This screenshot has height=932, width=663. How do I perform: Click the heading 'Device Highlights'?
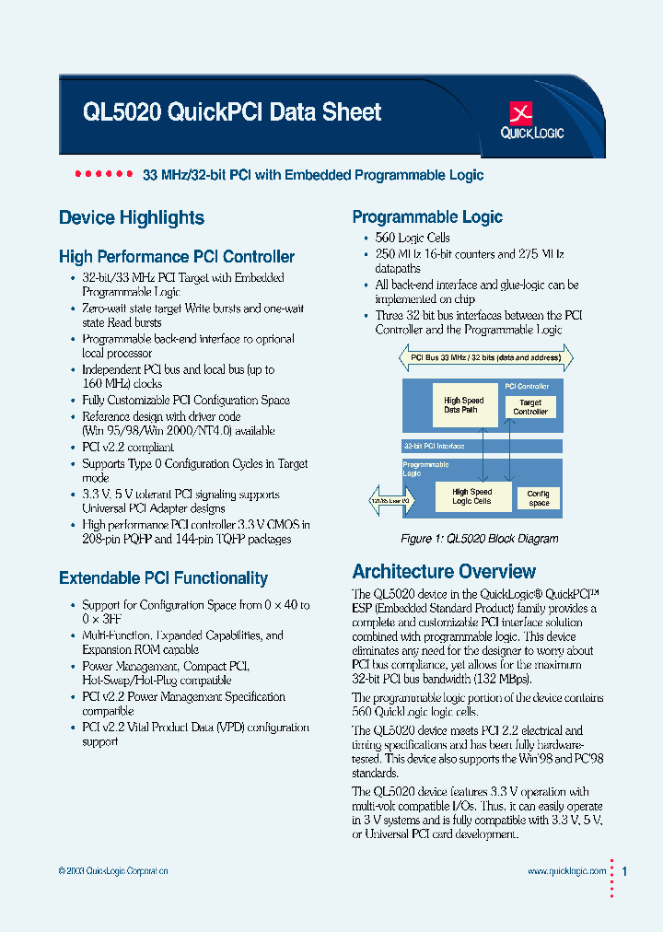[132, 218]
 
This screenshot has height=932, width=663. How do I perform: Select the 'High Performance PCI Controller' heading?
[177, 257]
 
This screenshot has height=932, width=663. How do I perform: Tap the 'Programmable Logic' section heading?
[427, 217]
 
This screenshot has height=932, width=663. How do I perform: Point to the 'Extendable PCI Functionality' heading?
[163, 578]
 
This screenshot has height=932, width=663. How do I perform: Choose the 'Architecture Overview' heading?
[444, 571]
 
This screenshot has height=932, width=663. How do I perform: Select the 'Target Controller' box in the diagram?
[530, 407]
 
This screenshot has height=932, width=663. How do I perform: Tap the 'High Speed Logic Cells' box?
[471, 496]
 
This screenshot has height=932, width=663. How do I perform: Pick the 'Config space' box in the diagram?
[539, 498]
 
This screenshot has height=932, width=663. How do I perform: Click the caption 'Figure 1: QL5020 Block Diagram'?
[479, 539]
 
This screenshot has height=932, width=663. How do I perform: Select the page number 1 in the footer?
[626, 870]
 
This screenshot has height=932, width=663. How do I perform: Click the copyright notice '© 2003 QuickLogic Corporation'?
[113, 871]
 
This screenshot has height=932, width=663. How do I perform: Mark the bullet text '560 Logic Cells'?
[413, 238]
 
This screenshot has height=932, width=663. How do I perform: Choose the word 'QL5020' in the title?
[122, 112]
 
